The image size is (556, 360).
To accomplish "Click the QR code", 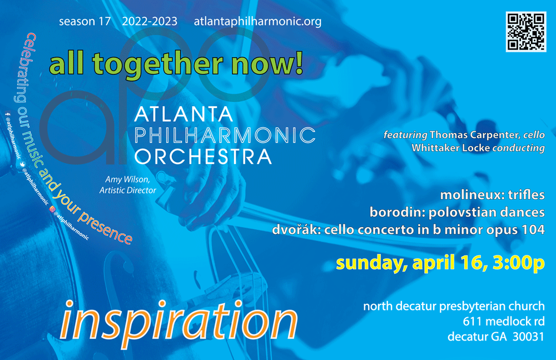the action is click(526, 32).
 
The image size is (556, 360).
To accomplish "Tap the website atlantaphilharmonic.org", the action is click(257, 22).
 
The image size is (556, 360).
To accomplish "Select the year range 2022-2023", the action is click(150, 22).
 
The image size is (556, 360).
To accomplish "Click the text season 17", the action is click(85, 22).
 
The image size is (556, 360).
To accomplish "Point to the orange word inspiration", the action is click(178, 322).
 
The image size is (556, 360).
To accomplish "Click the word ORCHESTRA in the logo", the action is click(203, 157).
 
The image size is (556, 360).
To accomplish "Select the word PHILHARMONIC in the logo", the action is click(225, 135).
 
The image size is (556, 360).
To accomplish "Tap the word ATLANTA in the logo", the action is click(183, 114).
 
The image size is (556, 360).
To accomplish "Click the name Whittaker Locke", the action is click(451, 147).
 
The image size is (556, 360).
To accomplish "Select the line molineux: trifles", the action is click(492, 195).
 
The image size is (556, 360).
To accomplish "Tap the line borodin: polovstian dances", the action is click(457, 213).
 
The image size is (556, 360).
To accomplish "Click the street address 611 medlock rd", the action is click(504, 321).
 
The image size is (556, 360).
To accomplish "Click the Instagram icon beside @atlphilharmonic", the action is click(52, 209).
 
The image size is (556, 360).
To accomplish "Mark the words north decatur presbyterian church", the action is click(454, 306).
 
